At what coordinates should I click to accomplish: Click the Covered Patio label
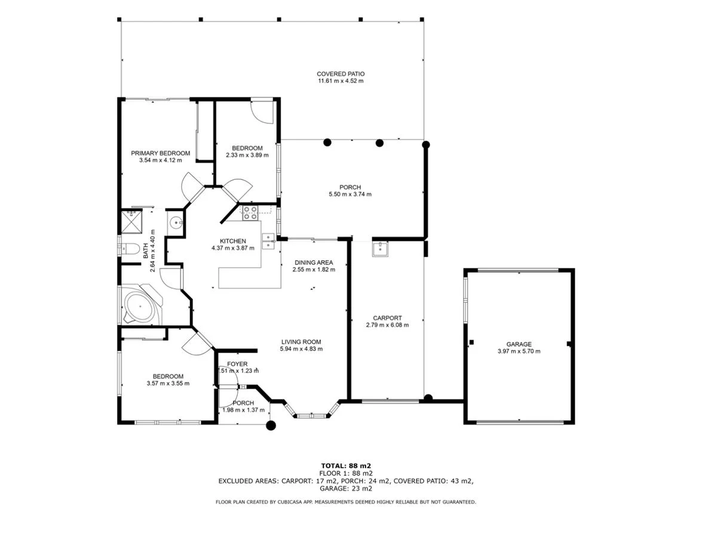click(341, 74)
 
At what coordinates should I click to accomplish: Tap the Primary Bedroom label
click(160, 153)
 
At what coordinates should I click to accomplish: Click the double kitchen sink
click(268, 241)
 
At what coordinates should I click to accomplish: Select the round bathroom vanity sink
click(175, 223)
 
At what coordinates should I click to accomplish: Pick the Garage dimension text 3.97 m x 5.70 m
click(519, 351)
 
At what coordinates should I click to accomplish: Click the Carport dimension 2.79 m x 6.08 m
click(387, 325)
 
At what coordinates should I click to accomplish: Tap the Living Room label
click(301, 342)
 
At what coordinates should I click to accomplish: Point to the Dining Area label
click(314, 262)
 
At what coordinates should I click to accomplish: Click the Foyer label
click(237, 364)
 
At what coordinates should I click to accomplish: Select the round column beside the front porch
click(271, 426)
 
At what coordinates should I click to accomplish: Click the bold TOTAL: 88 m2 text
click(347, 465)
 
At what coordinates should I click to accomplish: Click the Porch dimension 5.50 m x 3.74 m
click(350, 194)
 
